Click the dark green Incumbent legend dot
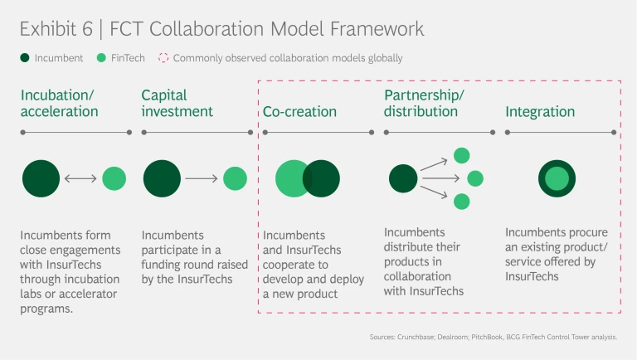[x=26, y=58]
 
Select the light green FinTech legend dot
[x=101, y=58]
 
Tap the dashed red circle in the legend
[x=163, y=58]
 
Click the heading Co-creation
[x=299, y=111]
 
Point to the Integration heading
[x=540, y=111]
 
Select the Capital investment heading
[x=177, y=103]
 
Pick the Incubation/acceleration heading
[x=60, y=103]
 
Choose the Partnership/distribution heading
[x=424, y=103]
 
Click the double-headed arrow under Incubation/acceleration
[x=80, y=178]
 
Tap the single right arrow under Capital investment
[x=202, y=178]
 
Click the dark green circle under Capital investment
[x=162, y=178]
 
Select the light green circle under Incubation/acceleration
[x=114, y=178]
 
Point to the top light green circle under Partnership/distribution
[x=462, y=155]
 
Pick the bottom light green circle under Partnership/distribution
[x=462, y=202]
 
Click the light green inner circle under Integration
[x=557, y=178]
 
